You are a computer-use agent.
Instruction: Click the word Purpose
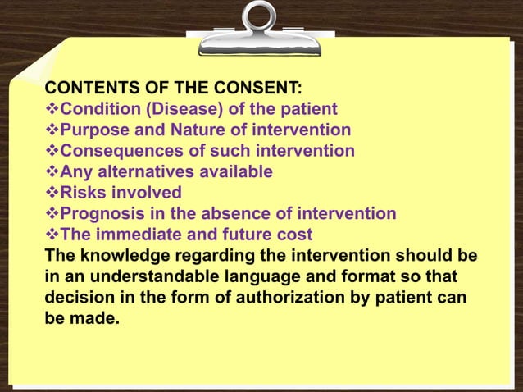coord(97,130)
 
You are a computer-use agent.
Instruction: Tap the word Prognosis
coord(101,215)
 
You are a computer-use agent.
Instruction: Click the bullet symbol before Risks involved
coord(52,194)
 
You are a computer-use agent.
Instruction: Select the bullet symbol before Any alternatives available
coord(52,172)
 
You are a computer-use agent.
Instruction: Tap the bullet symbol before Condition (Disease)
coord(52,108)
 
